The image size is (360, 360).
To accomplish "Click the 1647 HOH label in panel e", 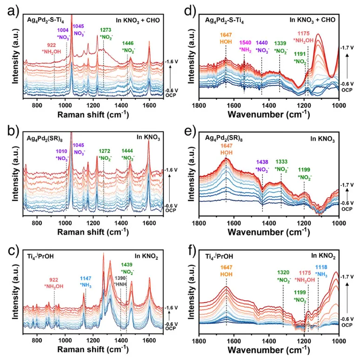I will point(226,149).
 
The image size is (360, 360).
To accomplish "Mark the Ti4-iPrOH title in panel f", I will point(222,255).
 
